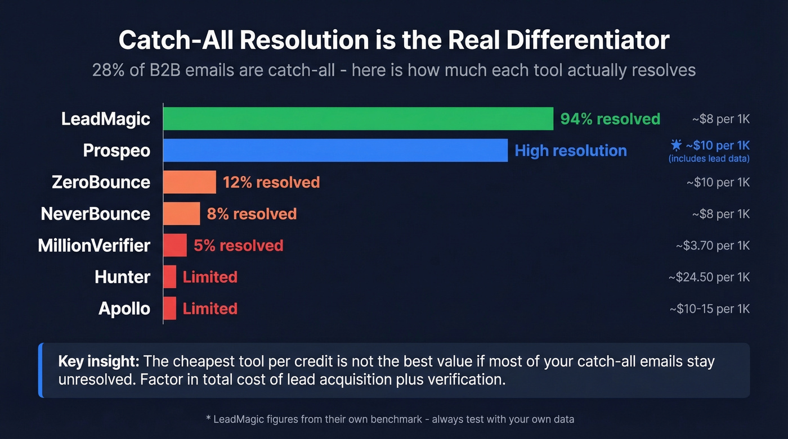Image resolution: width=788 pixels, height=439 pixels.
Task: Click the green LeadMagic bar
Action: point(358,119)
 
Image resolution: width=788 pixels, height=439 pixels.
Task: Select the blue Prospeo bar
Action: point(335,150)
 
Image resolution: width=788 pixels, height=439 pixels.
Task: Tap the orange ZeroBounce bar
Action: point(190,182)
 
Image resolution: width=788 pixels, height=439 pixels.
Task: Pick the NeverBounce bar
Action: point(181,214)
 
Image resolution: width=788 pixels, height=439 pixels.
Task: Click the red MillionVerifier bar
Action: point(175,246)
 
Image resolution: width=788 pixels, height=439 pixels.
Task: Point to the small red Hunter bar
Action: point(169,277)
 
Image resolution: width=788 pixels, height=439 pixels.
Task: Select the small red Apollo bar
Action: point(169,309)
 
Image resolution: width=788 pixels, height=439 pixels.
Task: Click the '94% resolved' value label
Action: point(610,119)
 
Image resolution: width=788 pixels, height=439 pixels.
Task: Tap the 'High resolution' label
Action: point(570,151)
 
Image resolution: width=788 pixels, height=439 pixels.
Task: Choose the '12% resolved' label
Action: point(271,182)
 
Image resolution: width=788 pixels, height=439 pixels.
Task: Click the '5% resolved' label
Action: point(238,246)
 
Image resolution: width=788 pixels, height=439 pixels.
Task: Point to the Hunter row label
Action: point(122,277)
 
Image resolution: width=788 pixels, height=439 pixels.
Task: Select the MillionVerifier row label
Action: point(94,246)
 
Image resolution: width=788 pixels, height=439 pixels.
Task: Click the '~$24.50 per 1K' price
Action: point(709,277)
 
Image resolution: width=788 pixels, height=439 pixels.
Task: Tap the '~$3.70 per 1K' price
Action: point(713,246)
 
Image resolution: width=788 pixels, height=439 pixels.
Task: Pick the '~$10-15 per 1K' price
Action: point(709,309)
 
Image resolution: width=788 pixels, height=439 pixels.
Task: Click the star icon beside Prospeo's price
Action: point(676,146)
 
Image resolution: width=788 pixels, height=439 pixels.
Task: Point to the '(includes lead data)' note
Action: point(709,159)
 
